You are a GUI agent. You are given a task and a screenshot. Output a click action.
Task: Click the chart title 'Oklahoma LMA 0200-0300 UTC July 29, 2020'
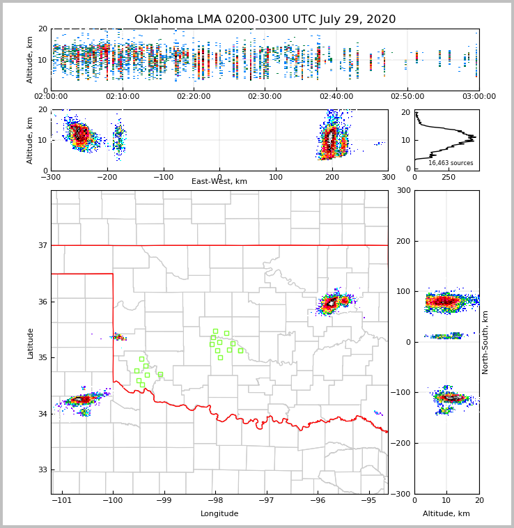[265, 20]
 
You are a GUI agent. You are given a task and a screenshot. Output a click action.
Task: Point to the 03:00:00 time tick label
[478, 96]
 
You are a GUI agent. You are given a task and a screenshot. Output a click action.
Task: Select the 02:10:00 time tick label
[123, 96]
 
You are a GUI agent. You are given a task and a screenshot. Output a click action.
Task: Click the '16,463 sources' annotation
[451, 163]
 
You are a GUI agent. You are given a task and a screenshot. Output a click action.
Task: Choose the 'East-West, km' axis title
[219, 181]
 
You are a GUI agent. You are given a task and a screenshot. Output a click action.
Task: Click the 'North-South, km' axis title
[485, 342]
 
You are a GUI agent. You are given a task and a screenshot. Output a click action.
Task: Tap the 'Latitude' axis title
[31, 343]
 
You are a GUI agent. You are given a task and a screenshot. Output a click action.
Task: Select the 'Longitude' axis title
[219, 513]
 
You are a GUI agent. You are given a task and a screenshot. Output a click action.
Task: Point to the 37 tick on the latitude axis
[42, 245]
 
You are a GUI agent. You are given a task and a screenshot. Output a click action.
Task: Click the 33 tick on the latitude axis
[42, 469]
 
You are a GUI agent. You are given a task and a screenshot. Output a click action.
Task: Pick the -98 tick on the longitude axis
[215, 500]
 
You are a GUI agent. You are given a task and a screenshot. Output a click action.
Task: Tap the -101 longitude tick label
[63, 500]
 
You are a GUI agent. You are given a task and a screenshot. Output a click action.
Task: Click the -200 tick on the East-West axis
[107, 177]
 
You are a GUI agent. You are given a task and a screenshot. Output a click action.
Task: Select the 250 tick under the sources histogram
[449, 177]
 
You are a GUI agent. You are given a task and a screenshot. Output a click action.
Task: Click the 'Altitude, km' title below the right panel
[446, 513]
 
